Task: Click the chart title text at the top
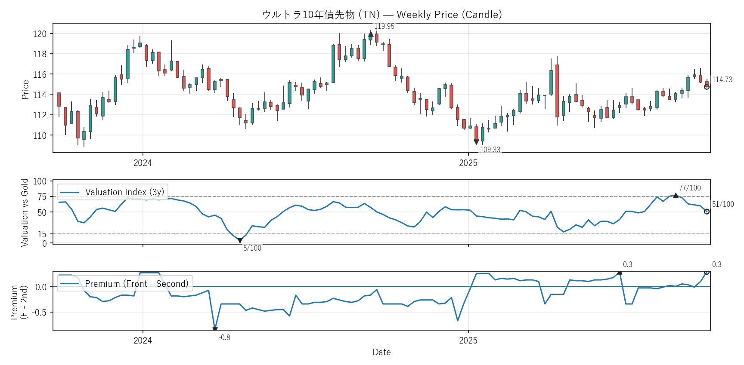coord(382,15)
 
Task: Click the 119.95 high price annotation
coord(384,26)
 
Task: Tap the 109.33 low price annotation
coord(490,150)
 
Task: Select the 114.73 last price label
coord(722,80)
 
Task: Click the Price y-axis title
coord(25,89)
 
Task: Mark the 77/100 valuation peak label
coord(690,188)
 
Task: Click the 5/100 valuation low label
coord(252,248)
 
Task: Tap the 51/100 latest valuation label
coord(723,204)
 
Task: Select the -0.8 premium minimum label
coord(224,337)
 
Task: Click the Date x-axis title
coord(381,352)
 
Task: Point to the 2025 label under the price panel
coord(468,163)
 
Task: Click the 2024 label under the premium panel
coord(143,340)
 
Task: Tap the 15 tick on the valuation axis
coord(42,234)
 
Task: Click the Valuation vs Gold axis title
coord(25,212)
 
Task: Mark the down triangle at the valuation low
coord(240,241)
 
